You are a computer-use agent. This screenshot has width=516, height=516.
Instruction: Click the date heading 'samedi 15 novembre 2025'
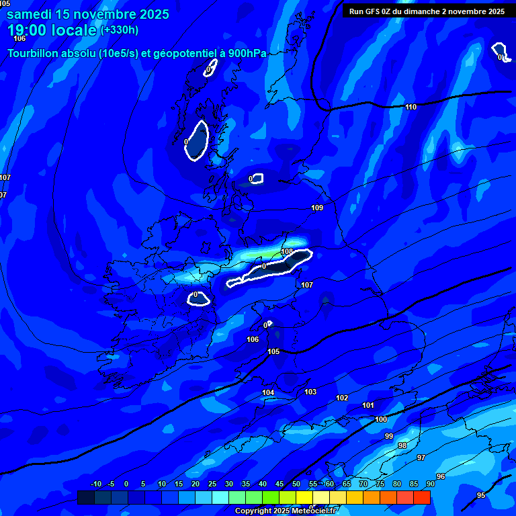point(88,14)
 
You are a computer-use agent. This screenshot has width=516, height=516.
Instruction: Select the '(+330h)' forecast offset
point(120,30)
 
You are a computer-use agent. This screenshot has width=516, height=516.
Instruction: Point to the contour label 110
point(411,107)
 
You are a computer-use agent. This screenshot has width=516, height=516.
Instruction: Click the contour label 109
point(317,208)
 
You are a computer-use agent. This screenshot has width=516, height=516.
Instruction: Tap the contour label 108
point(287,251)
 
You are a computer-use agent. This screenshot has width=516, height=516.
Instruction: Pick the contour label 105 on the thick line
point(273,351)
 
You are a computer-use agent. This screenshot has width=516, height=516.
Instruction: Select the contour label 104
point(268,392)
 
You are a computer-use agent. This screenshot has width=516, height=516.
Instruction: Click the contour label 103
point(310,392)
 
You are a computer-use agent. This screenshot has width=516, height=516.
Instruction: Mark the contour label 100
point(381,419)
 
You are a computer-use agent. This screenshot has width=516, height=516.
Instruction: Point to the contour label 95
point(480,495)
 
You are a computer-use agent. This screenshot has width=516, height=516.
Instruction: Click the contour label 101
point(368,405)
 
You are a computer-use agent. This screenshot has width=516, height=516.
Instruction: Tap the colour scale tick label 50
point(296,484)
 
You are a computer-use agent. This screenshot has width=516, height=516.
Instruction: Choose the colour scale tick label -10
point(95,484)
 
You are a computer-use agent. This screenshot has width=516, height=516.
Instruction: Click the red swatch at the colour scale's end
point(422,497)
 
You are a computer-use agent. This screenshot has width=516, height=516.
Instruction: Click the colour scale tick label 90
point(431,484)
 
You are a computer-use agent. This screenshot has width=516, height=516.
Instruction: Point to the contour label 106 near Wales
point(253,339)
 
